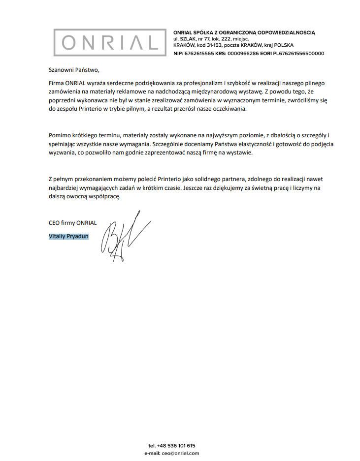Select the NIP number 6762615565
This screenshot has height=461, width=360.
199,53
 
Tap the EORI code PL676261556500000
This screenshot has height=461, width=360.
299,53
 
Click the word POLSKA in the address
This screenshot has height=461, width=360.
283,45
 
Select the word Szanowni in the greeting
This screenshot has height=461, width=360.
61,70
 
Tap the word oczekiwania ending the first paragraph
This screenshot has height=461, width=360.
228,108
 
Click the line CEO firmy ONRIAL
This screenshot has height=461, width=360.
72,223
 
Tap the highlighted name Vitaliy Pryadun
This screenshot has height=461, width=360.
68,236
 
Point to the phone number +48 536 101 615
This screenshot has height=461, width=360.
176,446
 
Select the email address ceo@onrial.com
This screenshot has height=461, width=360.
180,453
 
